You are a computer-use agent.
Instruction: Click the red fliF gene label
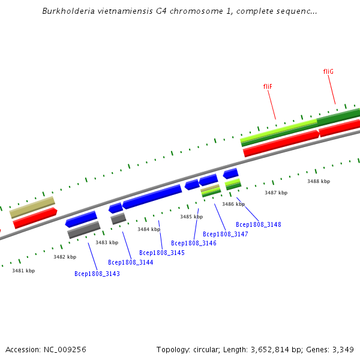point(268,86)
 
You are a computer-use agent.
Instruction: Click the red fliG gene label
point(328,71)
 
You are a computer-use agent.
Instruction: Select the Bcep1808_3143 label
point(97,274)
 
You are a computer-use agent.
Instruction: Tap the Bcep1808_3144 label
point(130,262)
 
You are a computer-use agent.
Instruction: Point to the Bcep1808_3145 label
point(162,253)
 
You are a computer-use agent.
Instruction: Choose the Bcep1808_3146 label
point(194,243)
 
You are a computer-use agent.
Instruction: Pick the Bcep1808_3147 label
point(226,234)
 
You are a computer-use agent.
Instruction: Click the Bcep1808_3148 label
point(259,224)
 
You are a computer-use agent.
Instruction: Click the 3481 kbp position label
point(23,271)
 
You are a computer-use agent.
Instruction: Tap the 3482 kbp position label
point(65,257)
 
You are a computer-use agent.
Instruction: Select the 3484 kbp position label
point(149,229)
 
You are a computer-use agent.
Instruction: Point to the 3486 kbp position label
point(233,204)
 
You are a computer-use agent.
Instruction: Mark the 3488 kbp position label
point(319,181)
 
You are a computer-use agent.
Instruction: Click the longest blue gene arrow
point(152,196)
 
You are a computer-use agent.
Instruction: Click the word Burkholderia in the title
point(67,11)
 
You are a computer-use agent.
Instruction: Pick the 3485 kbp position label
point(191,217)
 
